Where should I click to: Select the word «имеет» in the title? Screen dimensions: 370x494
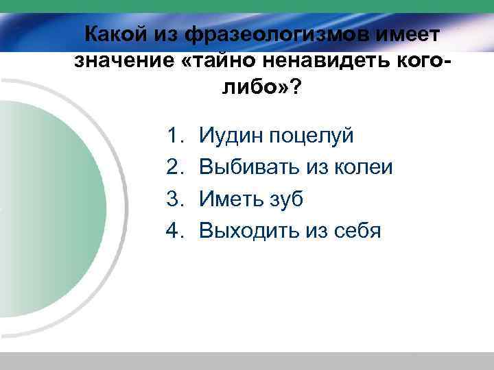point(410,33)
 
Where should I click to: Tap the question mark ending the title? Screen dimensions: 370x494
point(294,88)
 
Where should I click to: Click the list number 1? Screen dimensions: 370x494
point(174,136)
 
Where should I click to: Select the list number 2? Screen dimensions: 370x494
point(174,167)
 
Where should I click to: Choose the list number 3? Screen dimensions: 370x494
point(174,199)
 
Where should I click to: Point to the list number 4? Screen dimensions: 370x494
point(174,230)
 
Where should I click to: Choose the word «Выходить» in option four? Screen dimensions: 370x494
point(250,230)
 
